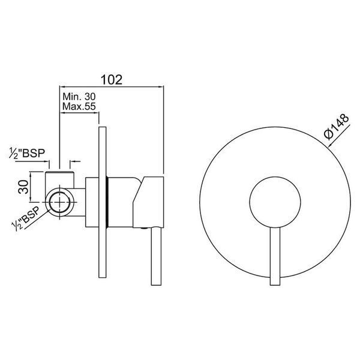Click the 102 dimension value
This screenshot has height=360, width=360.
(x=112, y=80)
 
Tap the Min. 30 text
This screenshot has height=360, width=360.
(x=79, y=97)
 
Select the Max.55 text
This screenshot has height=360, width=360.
(x=79, y=106)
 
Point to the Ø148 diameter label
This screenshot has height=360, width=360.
(x=337, y=127)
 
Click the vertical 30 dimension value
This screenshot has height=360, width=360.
(x=23, y=187)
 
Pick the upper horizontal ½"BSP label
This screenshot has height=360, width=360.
(x=27, y=153)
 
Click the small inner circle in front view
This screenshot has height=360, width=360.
(x=275, y=202)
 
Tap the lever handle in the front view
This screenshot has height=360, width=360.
(x=275, y=256)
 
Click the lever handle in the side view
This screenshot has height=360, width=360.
(x=156, y=256)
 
